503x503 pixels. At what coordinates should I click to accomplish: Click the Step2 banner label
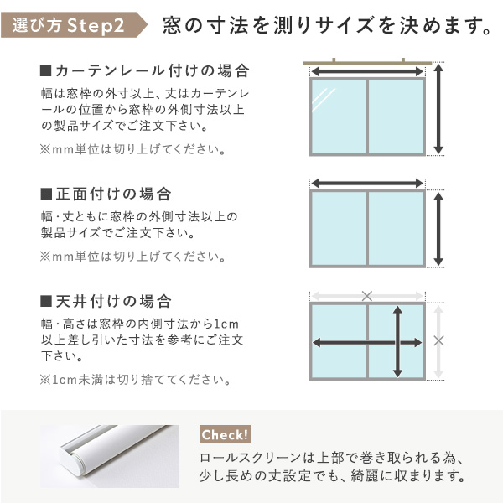(74, 25)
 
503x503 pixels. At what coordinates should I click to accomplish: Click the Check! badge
(225, 434)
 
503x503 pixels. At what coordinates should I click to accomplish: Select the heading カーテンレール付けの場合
(145, 70)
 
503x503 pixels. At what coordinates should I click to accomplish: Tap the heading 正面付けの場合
(106, 194)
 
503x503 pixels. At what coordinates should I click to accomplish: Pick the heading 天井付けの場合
(106, 301)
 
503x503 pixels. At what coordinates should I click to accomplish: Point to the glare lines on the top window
(324, 100)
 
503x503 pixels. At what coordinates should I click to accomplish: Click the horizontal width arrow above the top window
(367, 71)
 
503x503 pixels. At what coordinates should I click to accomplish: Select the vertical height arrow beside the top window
(438, 109)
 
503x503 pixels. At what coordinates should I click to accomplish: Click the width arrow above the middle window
(367, 184)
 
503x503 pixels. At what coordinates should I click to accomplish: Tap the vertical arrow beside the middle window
(438, 229)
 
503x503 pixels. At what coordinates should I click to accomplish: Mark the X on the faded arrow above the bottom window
(367, 296)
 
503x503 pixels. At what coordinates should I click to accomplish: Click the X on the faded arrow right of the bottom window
(438, 340)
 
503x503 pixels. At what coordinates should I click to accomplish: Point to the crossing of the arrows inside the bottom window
(397, 343)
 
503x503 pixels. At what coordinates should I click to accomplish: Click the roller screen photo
(110, 456)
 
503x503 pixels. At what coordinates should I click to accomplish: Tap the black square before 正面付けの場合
(46, 194)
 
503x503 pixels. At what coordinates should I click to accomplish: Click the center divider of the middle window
(367, 228)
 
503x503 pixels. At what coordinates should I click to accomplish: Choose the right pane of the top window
(396, 117)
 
